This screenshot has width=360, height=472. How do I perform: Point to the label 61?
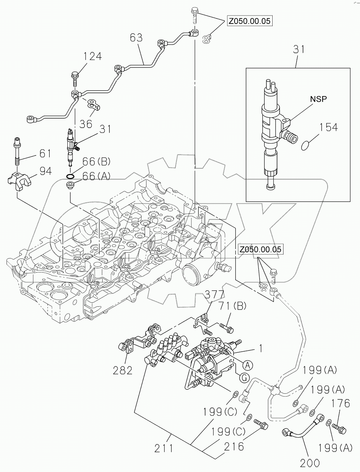45,154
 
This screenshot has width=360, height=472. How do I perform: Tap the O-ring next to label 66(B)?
71,177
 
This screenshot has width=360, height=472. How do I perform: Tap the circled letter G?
245,378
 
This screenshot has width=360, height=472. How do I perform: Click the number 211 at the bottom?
164,448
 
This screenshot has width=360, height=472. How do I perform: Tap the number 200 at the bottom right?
310,463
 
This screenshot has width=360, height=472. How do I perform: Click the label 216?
233,447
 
